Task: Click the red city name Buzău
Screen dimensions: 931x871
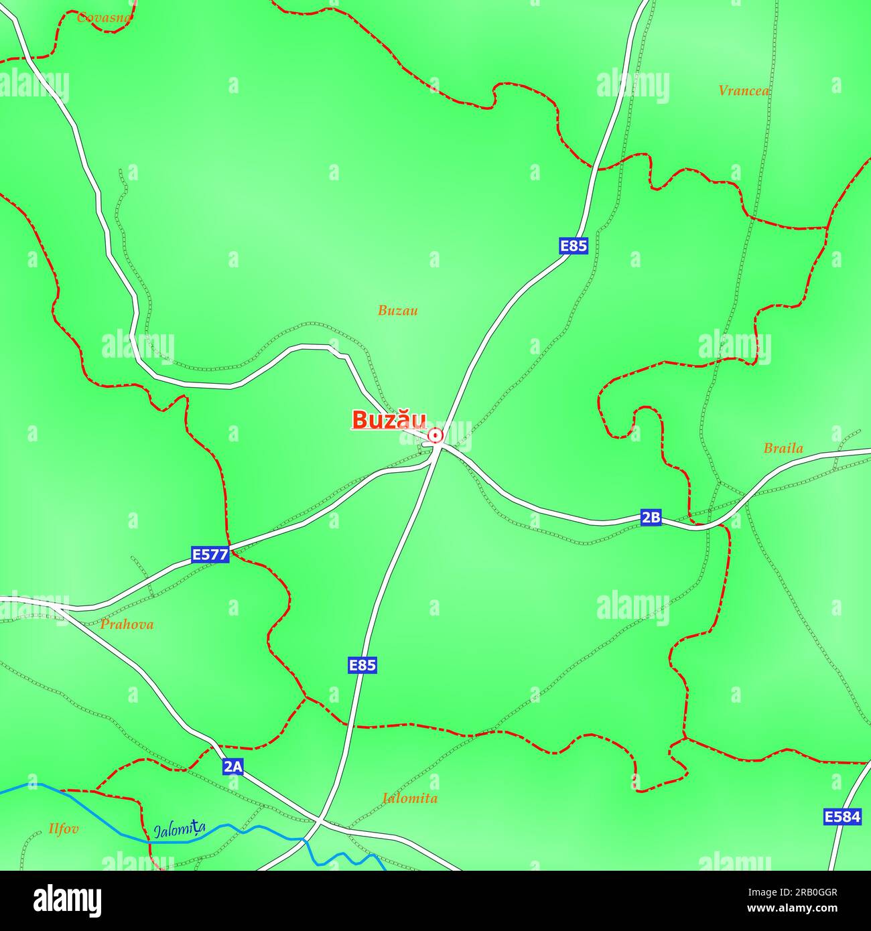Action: tap(389, 420)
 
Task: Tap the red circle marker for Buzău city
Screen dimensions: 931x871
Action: tap(435, 436)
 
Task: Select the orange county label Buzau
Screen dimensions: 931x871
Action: tap(397, 311)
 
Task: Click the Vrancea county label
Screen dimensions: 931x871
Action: tap(744, 90)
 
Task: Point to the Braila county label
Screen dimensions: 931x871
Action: tap(783, 449)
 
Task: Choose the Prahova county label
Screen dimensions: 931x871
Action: tap(127, 625)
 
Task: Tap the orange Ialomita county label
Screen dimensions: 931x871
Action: tap(409, 798)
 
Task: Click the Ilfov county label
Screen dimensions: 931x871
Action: tap(64, 829)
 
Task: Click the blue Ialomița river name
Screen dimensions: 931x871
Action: tap(179, 831)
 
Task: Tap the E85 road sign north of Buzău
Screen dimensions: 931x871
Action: tap(574, 246)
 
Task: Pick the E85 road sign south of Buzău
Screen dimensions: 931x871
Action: tap(362, 665)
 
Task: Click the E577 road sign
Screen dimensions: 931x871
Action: tap(210, 555)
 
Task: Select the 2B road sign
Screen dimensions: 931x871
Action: tap(651, 517)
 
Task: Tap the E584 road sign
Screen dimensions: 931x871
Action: tap(842, 816)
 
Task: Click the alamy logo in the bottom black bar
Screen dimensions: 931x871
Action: tap(67, 900)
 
